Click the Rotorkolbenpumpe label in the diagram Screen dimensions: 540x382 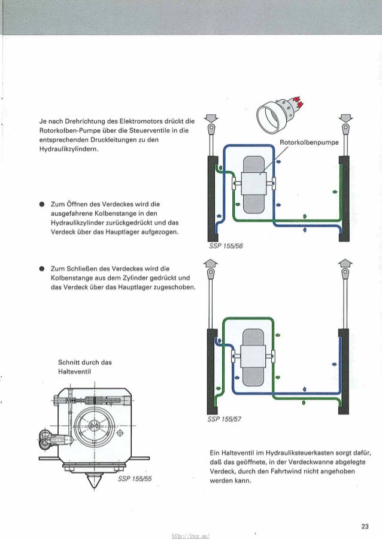click(x=309, y=143)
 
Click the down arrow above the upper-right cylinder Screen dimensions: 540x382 click(x=344, y=117)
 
